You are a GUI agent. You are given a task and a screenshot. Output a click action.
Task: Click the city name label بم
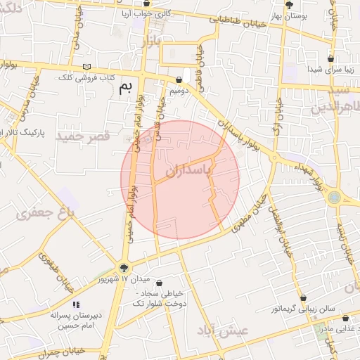point(126,87)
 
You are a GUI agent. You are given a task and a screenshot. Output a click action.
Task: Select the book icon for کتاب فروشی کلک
point(87,67)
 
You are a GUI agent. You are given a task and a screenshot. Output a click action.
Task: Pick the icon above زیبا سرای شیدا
point(330,59)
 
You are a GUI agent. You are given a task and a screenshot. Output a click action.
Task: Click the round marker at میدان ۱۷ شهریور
point(124,267)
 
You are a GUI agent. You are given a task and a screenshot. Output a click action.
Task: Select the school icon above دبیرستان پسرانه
point(77,306)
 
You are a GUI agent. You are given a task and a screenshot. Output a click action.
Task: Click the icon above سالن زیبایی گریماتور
point(304,298)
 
